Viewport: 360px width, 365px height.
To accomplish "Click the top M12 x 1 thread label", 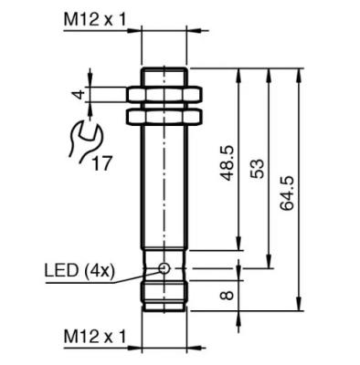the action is tap(95, 20).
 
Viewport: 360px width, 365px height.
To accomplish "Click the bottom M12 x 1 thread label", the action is tap(95, 337).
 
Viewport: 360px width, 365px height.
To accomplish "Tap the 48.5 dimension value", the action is tap(228, 163).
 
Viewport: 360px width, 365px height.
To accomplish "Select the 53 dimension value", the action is tap(257, 168).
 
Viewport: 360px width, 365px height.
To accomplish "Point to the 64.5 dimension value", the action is tap(287, 193).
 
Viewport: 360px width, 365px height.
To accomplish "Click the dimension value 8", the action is tap(228, 295).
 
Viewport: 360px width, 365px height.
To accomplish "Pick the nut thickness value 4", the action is tap(79, 95).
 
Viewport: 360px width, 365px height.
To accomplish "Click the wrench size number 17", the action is tap(101, 163).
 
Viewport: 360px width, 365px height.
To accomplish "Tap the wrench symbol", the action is tap(85, 141).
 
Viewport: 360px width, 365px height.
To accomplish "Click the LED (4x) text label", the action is tap(79, 271).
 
